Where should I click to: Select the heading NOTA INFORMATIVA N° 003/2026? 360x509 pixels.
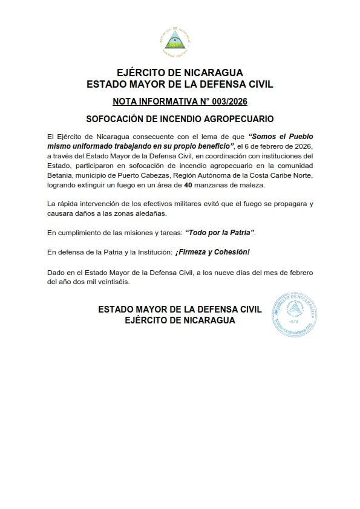click(180, 101)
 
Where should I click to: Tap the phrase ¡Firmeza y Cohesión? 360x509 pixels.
click(220, 251)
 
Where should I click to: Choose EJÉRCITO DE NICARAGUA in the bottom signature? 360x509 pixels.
click(180, 320)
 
